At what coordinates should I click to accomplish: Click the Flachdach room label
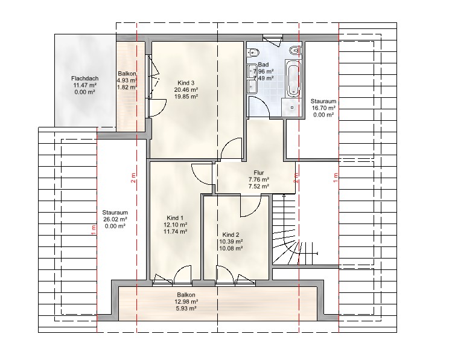coord(84,79)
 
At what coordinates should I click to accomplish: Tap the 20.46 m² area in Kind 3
coord(186,90)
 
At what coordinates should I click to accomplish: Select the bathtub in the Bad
coord(293,78)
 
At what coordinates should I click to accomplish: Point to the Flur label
coord(259,173)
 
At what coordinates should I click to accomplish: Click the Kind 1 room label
coord(175,218)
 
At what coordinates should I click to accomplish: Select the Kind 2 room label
coord(231,235)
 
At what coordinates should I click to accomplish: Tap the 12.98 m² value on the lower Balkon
coord(186,302)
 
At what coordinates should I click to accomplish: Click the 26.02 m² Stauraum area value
coord(115,219)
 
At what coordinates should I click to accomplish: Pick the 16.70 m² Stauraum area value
coord(323,108)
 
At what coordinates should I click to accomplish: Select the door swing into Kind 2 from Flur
coord(250,206)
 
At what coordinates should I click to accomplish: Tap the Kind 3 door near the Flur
coord(231,148)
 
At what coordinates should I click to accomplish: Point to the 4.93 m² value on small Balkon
coord(127,80)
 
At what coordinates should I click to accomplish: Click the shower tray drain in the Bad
coord(292,108)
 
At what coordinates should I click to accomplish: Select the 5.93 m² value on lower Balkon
coord(186,309)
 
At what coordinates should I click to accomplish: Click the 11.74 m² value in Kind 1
coord(176,231)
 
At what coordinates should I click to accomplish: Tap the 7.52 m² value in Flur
coord(259,187)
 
